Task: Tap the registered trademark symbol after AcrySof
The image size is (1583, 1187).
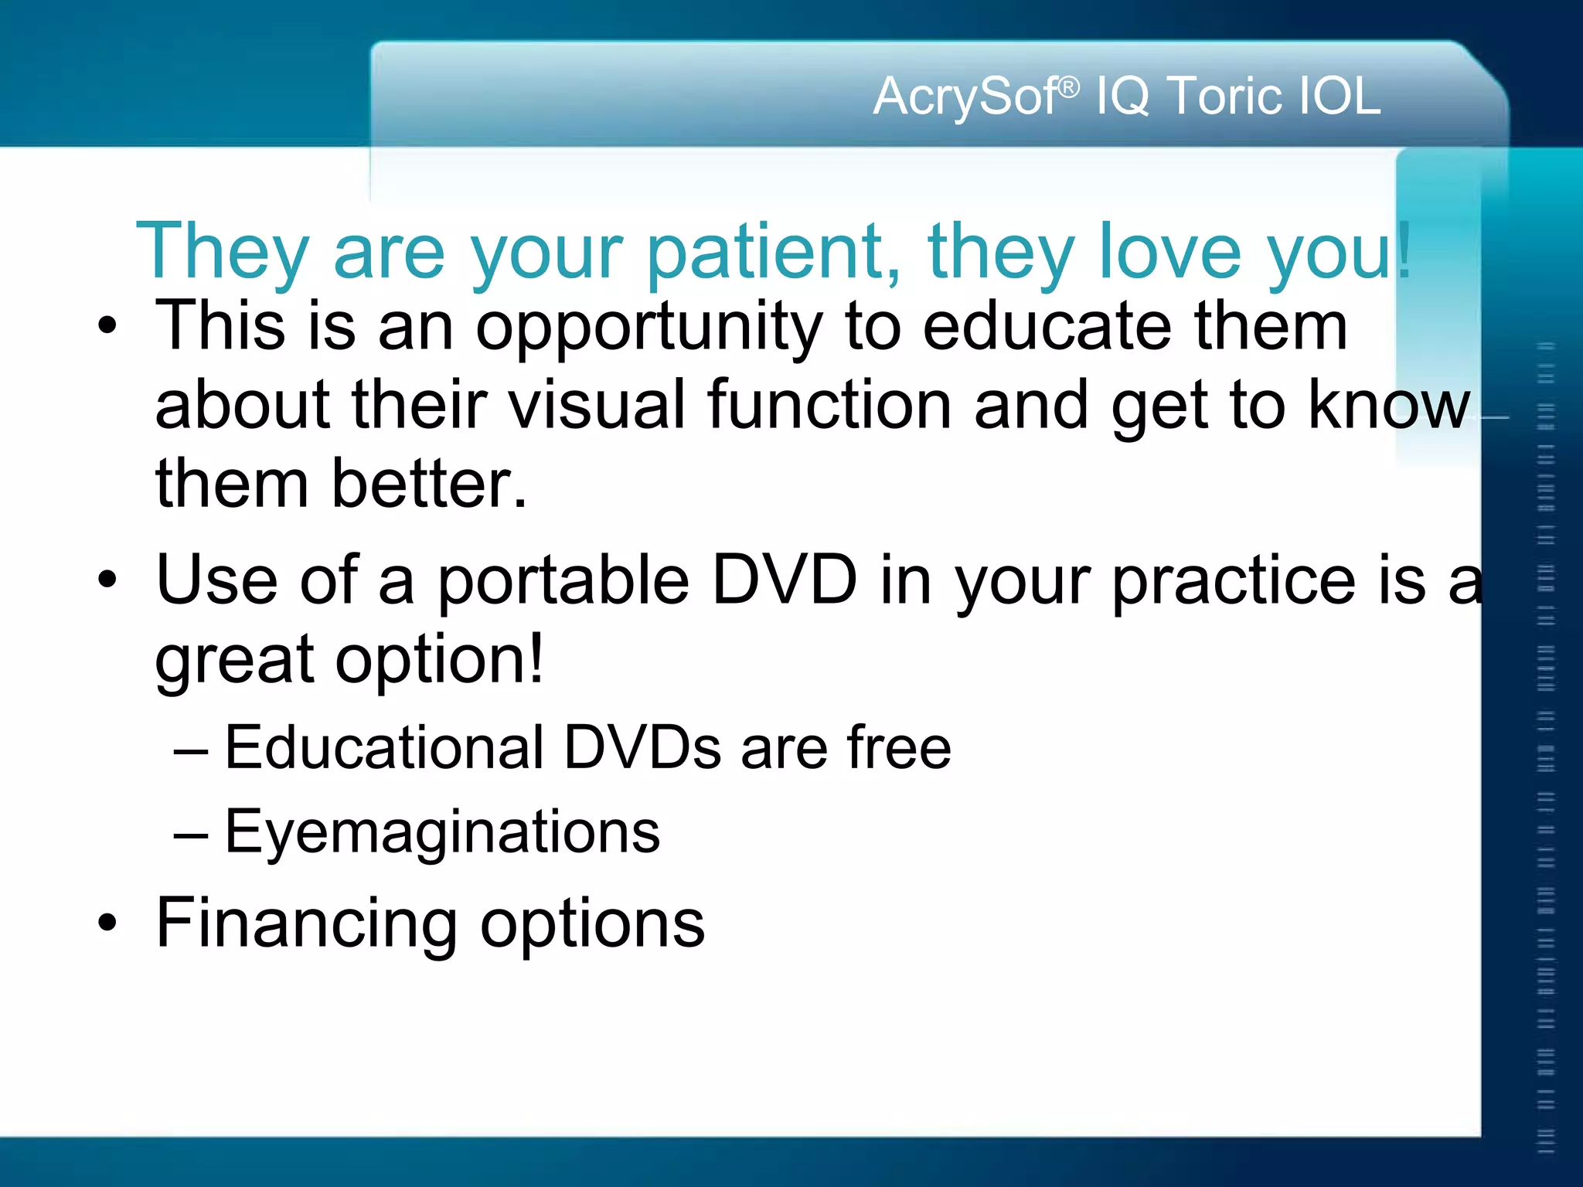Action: (1069, 87)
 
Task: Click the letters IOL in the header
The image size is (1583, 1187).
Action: (1340, 97)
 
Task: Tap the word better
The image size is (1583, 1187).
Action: (429, 484)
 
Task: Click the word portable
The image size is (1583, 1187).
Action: (563, 582)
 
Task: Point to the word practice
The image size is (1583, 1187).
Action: (1234, 582)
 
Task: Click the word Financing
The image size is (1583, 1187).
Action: (306, 923)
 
